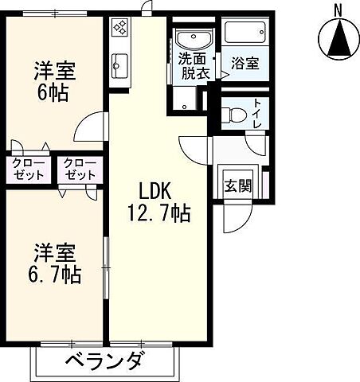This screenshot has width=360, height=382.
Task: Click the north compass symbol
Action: tap(338, 37)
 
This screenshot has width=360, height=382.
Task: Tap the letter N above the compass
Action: tap(338, 10)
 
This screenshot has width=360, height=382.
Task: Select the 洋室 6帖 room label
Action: tap(54, 80)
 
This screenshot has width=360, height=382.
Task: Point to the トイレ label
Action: tap(257, 115)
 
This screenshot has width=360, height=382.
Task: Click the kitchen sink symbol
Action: tap(121, 61)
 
